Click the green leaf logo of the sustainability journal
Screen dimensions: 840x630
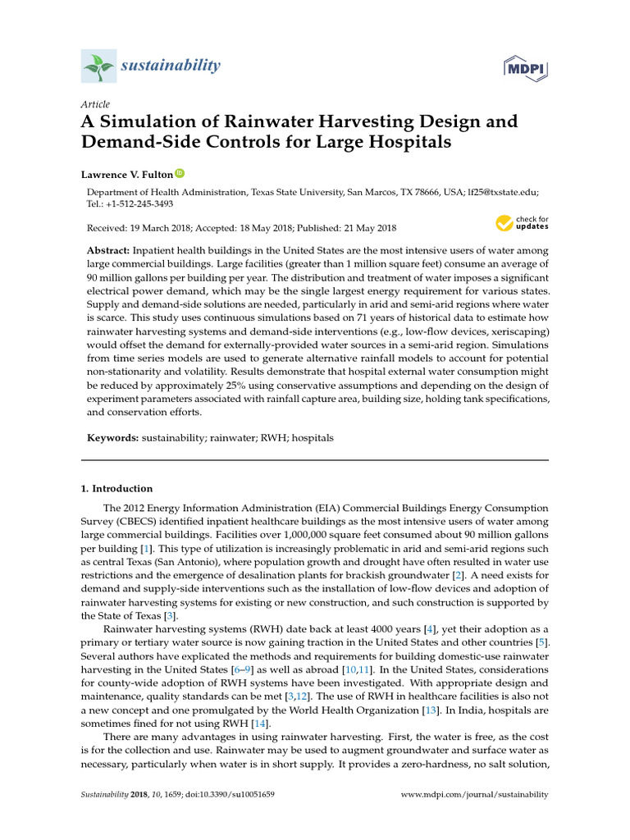(98, 65)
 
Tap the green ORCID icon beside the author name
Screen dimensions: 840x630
(180, 174)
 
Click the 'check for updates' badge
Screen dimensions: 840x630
(523, 222)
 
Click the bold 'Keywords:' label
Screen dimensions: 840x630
(113, 439)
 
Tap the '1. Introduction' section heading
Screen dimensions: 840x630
(116, 488)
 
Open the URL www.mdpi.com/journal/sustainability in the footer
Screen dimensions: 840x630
(474, 795)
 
